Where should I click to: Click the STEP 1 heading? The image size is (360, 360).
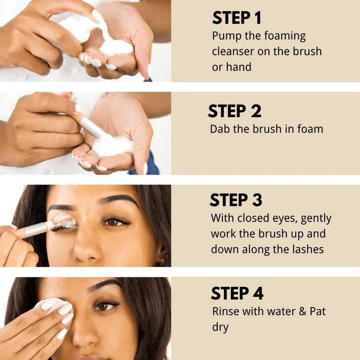pos(237,18)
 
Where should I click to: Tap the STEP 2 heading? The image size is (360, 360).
pos(235,111)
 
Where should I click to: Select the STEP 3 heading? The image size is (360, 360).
pos(236,200)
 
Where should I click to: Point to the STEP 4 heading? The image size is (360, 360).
pos(237,293)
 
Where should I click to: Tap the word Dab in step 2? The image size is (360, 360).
pos(220,129)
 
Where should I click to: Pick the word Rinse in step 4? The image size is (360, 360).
pos(226,311)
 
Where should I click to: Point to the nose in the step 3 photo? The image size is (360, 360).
pos(87,248)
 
